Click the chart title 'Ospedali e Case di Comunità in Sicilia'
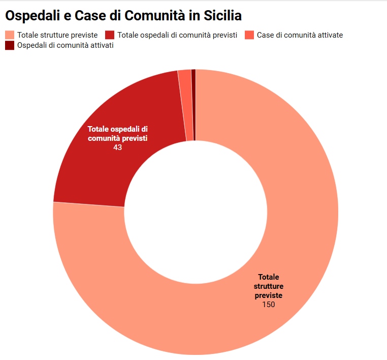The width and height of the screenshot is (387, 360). click(123, 16)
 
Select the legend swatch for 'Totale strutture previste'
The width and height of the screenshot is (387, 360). click(10, 35)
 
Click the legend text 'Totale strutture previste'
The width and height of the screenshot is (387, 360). click(57, 35)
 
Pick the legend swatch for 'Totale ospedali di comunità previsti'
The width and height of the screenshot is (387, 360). click(110, 35)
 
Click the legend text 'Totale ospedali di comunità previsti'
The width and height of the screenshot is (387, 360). click(177, 35)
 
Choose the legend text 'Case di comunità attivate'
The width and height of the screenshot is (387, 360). click(300, 35)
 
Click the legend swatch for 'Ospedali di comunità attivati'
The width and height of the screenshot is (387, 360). click(10, 45)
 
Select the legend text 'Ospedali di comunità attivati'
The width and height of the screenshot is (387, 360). click(65, 45)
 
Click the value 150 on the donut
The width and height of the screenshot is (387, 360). click(269, 304)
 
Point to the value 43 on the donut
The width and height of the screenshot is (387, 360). click(118, 147)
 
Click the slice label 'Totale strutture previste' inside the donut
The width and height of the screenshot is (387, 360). click(269, 286)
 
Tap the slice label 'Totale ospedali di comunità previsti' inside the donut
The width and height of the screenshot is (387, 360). click(118, 134)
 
